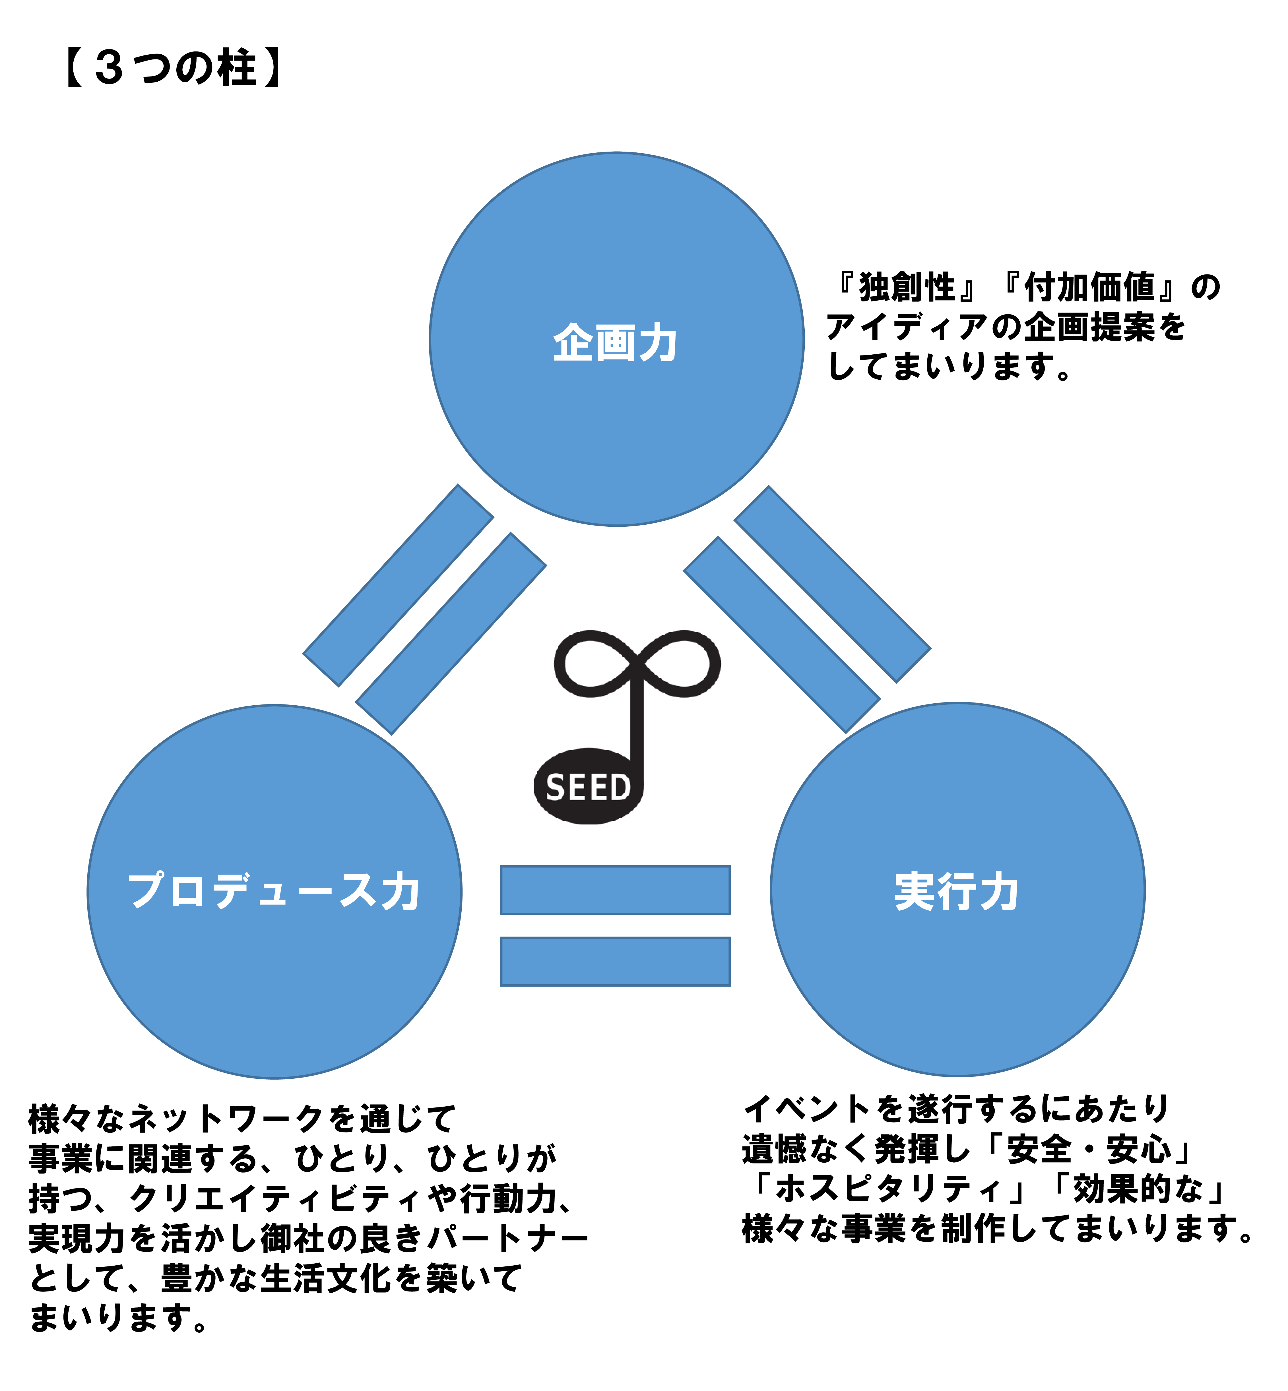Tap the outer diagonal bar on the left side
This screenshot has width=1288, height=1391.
tap(398, 585)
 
